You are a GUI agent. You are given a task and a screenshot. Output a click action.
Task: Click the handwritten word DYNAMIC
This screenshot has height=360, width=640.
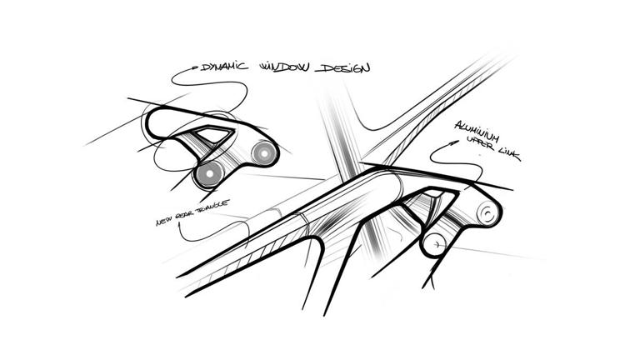click(224, 67)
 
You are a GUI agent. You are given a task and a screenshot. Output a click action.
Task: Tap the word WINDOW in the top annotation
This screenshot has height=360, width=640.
click(284, 67)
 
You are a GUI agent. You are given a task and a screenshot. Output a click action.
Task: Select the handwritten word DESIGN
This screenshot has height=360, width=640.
click(342, 67)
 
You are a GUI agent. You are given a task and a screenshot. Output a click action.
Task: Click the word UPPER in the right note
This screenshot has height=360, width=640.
click(483, 142)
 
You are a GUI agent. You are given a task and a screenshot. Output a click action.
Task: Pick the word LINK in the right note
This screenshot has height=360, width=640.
click(510, 154)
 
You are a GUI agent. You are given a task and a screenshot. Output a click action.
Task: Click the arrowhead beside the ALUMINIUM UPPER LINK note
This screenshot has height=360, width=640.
click(453, 143)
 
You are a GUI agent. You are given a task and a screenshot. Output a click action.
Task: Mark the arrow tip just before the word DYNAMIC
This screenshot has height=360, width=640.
click(199, 67)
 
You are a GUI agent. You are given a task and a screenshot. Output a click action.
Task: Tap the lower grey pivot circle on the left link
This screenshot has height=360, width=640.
click(209, 173)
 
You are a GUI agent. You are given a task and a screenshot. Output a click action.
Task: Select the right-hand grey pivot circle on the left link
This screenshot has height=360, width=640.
click(264, 153)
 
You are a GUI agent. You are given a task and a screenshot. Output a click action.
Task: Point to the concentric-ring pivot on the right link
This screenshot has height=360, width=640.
click(487, 213)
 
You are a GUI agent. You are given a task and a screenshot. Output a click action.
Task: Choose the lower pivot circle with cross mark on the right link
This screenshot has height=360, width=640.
click(435, 244)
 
